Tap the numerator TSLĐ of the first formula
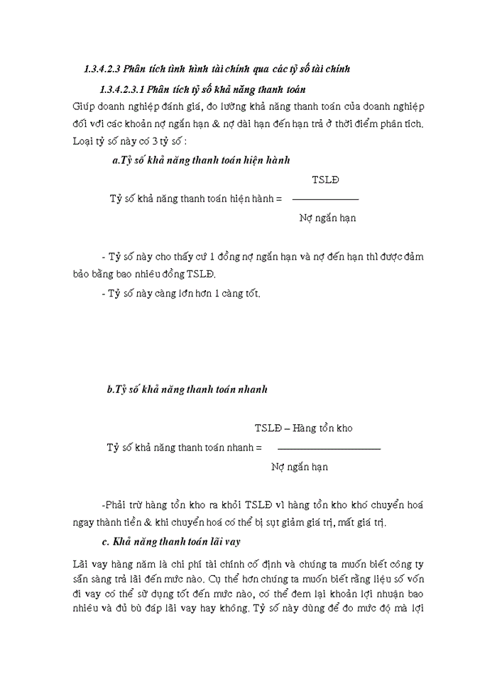coord(325,179)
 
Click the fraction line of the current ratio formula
coord(325,199)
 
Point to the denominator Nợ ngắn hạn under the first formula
coord(327,218)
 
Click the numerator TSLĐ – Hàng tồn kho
coord(303,428)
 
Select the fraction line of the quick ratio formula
coord(328,448)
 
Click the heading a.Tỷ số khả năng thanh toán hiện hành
coord(201,161)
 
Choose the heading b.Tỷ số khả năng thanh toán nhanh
coord(187,389)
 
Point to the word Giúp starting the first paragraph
coord(83,106)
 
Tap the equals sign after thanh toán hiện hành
coord(278,199)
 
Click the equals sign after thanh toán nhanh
coord(258,448)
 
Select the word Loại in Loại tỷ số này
coord(84,140)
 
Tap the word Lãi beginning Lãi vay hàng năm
coord(82,565)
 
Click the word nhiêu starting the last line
coord(89,609)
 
